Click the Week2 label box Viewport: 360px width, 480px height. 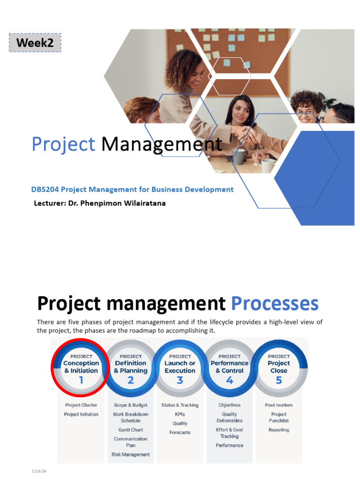[x=35, y=43]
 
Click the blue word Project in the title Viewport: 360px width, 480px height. [x=63, y=144]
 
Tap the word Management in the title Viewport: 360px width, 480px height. [x=162, y=144]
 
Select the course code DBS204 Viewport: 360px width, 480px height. [x=45, y=189]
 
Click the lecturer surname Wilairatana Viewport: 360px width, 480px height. [x=141, y=203]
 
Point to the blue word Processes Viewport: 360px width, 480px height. [x=275, y=303]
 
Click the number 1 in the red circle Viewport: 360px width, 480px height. [x=81, y=380]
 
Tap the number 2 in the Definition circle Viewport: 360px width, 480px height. [x=131, y=380]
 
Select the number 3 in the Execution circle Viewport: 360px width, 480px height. [x=180, y=380]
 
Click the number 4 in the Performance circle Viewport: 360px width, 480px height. [x=230, y=380]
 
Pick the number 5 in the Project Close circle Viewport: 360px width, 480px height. [x=279, y=380]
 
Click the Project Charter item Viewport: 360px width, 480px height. [x=81, y=405]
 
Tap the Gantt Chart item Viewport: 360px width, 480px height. [x=131, y=430]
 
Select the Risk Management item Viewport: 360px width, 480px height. [x=131, y=454]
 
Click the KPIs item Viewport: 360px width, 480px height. [x=180, y=414]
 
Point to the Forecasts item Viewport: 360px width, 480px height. [x=180, y=433]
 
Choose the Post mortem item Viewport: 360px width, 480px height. [x=279, y=405]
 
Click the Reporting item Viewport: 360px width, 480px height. [x=279, y=430]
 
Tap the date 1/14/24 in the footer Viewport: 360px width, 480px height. [x=39, y=472]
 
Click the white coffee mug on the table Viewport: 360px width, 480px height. [x=268, y=165]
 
